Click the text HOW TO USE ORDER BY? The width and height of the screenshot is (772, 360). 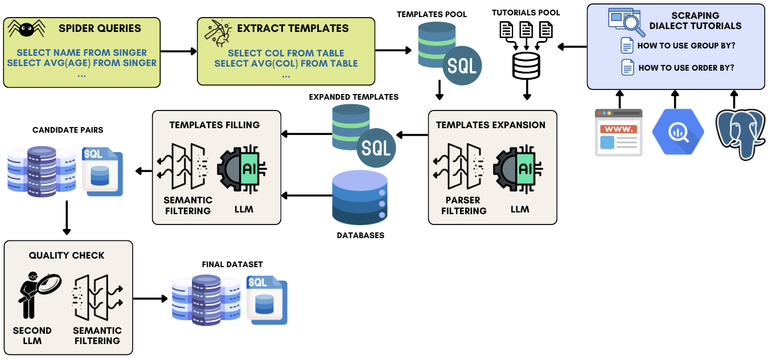click(x=686, y=68)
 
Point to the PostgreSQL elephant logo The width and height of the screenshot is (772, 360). click(x=740, y=133)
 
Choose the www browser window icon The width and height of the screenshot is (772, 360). click(x=618, y=132)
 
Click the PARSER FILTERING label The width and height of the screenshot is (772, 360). click(x=463, y=205)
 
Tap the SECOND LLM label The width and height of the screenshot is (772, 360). click(x=32, y=336)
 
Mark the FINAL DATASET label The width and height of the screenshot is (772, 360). click(x=232, y=264)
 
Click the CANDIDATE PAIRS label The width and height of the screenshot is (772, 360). click(x=67, y=130)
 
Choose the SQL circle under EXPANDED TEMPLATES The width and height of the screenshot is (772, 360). click(x=376, y=149)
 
